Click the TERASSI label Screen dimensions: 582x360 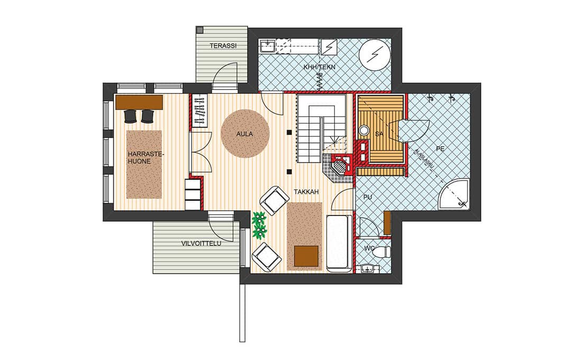click(x=223, y=46)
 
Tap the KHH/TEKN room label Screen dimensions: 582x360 click(x=319, y=67)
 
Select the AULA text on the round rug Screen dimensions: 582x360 click(x=244, y=134)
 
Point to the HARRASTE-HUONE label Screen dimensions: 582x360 click(x=141, y=158)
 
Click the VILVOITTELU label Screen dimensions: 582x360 click(x=201, y=244)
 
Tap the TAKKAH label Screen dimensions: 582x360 click(x=306, y=192)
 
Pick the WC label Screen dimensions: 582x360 click(x=369, y=248)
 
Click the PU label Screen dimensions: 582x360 click(x=368, y=197)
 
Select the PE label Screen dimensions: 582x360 click(x=440, y=149)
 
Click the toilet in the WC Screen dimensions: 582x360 click(x=383, y=252)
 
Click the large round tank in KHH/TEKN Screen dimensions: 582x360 click(x=375, y=56)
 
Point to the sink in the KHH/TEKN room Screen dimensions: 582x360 click(x=267, y=46)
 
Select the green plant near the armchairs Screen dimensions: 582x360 click(x=259, y=225)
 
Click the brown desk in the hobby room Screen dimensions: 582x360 click(x=139, y=102)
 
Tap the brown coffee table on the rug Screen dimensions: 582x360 click(x=306, y=256)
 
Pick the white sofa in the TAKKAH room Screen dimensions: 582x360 click(x=339, y=244)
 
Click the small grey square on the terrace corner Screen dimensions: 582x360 click(x=199, y=29)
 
